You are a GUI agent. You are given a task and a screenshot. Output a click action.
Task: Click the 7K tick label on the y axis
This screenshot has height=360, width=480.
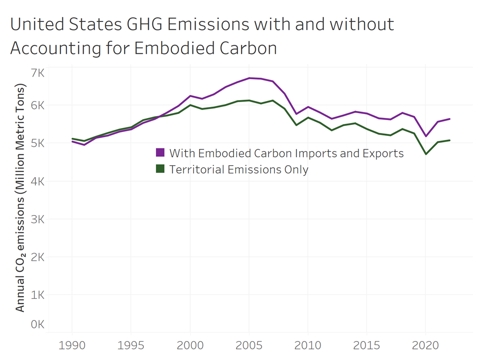(37, 73)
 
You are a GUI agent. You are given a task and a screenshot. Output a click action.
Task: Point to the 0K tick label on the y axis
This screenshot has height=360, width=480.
(37, 325)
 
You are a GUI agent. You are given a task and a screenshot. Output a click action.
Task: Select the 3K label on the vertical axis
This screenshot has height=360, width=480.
(37, 219)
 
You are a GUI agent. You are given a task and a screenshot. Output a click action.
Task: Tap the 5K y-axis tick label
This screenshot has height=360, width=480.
(37, 143)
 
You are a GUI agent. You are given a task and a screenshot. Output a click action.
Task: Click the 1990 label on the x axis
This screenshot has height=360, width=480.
(72, 345)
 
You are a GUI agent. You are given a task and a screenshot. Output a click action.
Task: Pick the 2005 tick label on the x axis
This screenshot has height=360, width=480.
(248, 345)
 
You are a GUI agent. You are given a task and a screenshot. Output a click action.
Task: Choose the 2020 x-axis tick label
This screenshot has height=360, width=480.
(426, 345)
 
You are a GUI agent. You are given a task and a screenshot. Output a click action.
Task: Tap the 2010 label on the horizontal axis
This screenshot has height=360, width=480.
(308, 345)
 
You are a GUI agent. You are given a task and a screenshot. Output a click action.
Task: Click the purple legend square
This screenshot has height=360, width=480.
(160, 153)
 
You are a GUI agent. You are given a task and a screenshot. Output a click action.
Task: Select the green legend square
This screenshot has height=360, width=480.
(160, 169)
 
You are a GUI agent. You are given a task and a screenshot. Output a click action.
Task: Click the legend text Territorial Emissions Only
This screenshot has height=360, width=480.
(239, 169)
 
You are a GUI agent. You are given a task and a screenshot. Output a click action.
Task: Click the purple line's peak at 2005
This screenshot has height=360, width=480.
(249, 78)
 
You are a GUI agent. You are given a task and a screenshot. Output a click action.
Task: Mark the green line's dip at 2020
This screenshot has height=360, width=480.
(426, 154)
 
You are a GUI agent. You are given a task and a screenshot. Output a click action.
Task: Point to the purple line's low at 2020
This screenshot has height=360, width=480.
(426, 136)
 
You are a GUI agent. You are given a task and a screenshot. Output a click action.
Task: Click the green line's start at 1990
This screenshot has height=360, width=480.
(72, 139)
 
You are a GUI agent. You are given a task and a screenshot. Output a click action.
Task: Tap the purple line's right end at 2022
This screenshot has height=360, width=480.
(450, 119)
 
